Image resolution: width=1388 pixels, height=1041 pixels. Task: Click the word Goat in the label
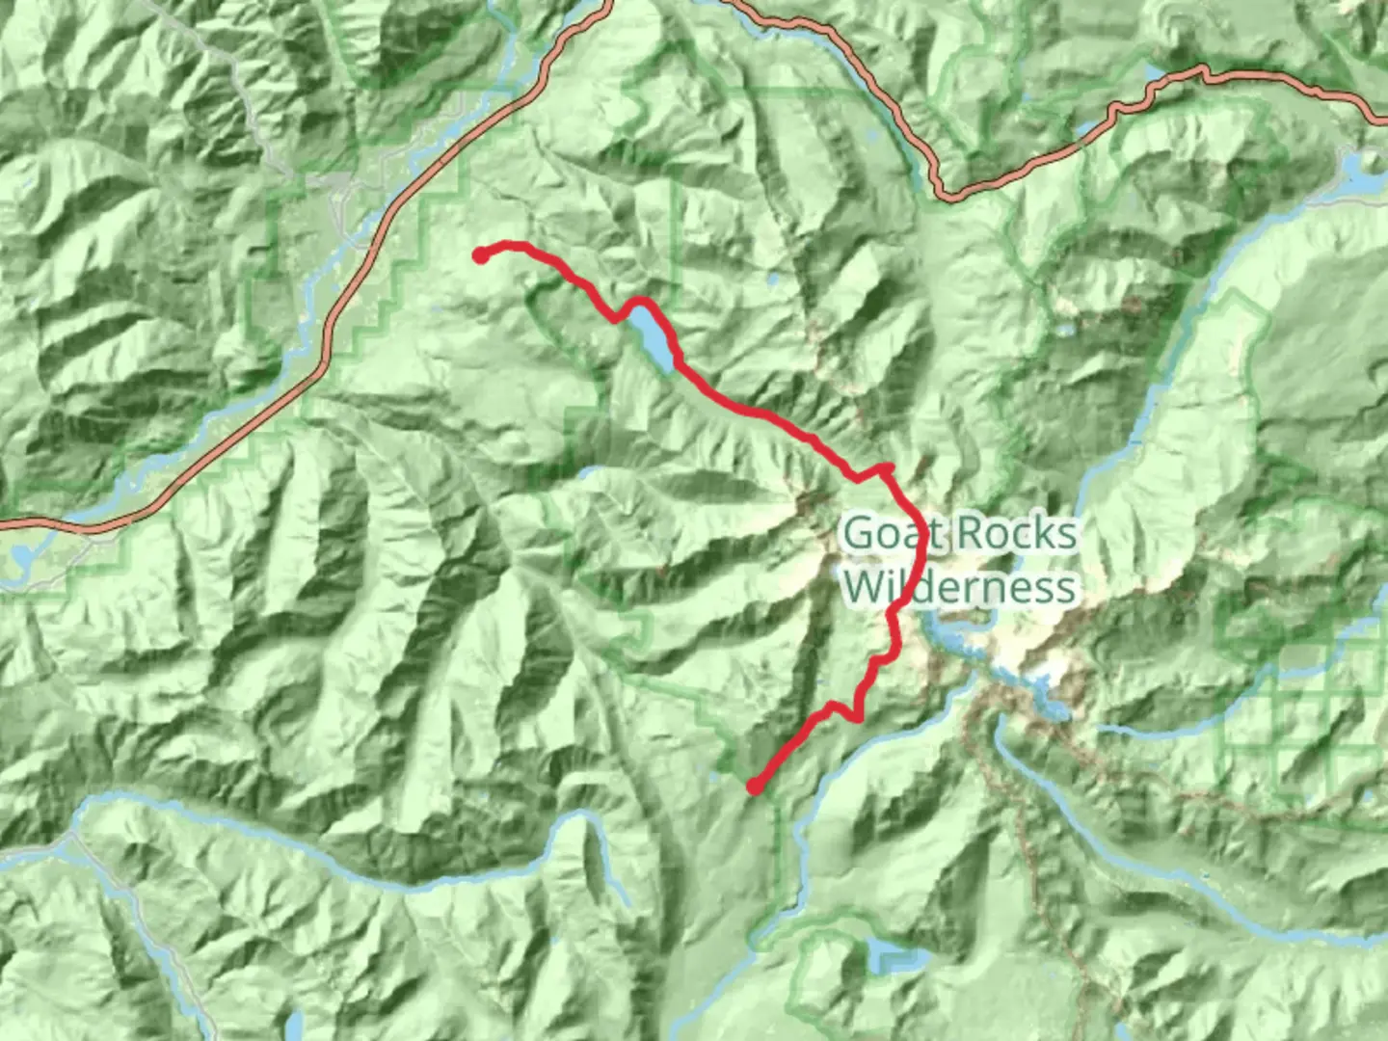pos(884,533)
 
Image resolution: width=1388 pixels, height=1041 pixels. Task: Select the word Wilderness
pos(959,586)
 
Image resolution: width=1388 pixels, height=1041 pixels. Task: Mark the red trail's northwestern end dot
pos(480,254)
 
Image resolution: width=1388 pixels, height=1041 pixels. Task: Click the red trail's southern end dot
pos(755,787)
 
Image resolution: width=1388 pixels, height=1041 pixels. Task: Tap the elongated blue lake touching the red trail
pos(652,340)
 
